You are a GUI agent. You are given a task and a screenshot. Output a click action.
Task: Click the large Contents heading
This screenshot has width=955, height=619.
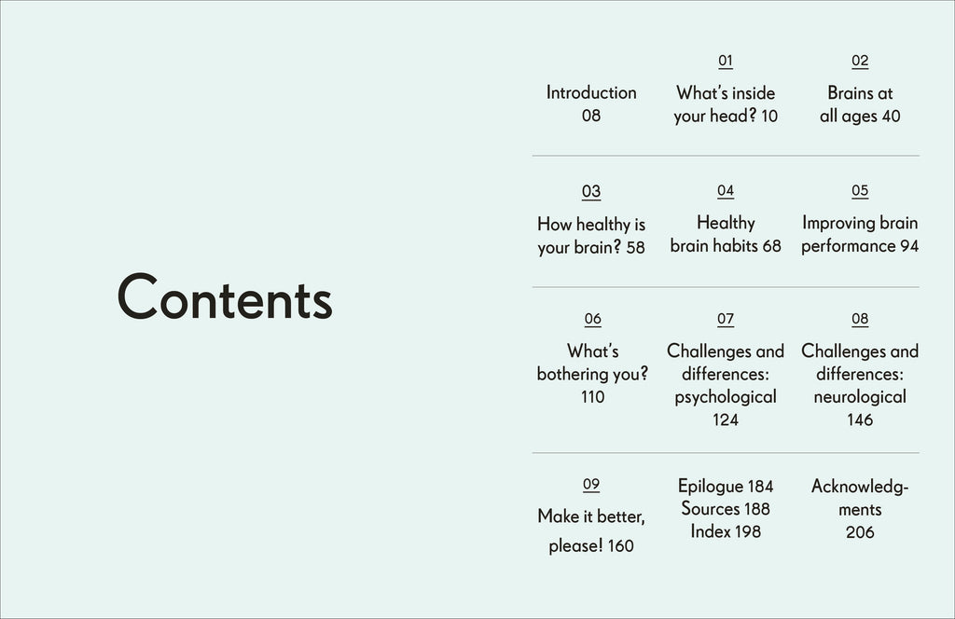225,297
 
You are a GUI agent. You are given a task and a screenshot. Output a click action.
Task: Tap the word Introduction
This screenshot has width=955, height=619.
591,92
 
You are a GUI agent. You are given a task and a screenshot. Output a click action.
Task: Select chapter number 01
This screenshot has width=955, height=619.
726,62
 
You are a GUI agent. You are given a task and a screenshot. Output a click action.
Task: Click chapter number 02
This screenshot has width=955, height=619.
860,62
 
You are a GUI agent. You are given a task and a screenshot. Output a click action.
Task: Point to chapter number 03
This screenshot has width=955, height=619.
591,192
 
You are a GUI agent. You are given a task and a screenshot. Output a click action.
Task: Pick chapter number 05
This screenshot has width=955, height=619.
860,191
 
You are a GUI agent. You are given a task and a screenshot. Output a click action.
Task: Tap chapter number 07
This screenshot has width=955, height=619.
726,320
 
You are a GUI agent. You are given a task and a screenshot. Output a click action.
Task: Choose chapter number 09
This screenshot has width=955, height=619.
591,485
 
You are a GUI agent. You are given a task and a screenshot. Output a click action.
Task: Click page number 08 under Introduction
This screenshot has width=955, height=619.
591,116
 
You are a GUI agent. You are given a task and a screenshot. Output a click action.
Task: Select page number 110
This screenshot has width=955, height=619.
592,397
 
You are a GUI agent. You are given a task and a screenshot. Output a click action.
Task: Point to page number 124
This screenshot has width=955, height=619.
726,420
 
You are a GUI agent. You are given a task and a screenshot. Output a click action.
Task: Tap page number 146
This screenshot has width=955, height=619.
860,420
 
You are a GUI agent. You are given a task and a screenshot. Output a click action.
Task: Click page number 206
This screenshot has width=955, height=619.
860,532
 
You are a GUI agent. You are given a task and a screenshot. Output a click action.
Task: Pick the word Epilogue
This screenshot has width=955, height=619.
711,486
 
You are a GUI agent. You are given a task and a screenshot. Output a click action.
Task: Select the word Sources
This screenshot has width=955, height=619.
711,508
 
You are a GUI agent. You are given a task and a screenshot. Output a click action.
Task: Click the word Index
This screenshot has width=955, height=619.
710,531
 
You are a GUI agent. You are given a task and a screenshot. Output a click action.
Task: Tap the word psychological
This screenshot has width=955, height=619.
726,397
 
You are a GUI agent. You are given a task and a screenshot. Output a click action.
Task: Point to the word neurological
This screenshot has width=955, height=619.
860,397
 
